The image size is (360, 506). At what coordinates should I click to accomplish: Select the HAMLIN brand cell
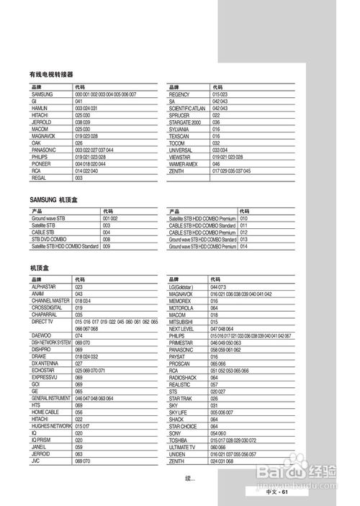[40, 107]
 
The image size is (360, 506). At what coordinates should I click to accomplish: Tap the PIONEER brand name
[42, 163]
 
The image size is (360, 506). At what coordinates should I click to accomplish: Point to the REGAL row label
[40, 177]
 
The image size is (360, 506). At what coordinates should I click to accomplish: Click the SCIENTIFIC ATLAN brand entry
[187, 108]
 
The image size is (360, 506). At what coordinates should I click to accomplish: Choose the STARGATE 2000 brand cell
[185, 122]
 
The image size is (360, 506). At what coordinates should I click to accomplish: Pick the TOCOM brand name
[177, 143]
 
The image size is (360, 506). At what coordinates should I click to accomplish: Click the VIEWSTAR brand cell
[181, 157]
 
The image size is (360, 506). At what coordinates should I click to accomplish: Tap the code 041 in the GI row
[79, 101]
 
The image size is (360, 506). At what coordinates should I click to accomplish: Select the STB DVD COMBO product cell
[49, 239]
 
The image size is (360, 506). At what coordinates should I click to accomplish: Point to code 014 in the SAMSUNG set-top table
[244, 246]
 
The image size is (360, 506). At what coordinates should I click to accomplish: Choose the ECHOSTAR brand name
[45, 370]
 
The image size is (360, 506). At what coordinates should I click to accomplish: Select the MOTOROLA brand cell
[181, 308]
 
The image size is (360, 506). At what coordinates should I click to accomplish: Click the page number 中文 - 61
[276, 492]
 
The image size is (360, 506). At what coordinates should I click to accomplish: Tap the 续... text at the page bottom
[190, 479]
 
